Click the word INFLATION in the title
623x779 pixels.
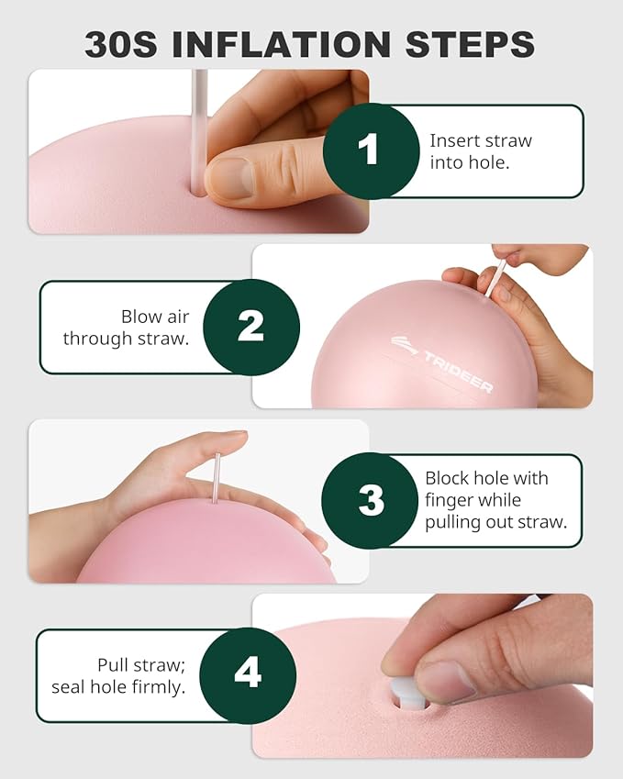281,44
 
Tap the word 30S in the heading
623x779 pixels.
121,44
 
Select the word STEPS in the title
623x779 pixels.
470,44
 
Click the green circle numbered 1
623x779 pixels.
371,151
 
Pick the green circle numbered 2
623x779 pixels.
251,327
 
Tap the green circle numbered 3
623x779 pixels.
370,500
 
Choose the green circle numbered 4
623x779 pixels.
248,674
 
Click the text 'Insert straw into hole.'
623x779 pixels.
481,151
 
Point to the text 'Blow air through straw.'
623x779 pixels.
127,328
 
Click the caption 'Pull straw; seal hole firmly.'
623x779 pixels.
118,675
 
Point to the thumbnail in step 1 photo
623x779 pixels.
230,177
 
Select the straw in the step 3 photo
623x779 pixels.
217,478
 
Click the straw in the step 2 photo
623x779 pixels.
495,279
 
